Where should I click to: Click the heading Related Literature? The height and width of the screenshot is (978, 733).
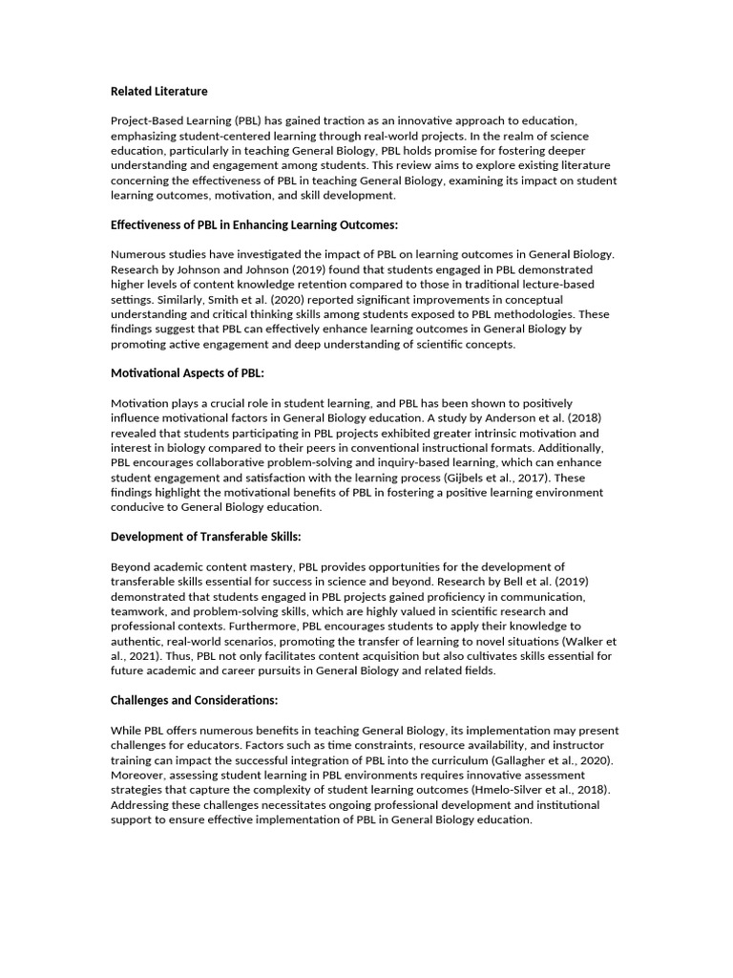(158, 91)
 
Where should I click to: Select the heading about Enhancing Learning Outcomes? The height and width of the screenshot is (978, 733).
(254, 225)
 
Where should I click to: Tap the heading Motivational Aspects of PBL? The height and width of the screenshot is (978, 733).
(187, 372)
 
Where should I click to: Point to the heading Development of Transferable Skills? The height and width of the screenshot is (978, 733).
(206, 536)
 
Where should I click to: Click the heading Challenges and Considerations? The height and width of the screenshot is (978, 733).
(194, 700)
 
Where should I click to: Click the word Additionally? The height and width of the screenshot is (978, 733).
(567, 447)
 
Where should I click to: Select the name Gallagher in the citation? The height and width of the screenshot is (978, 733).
(511, 760)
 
